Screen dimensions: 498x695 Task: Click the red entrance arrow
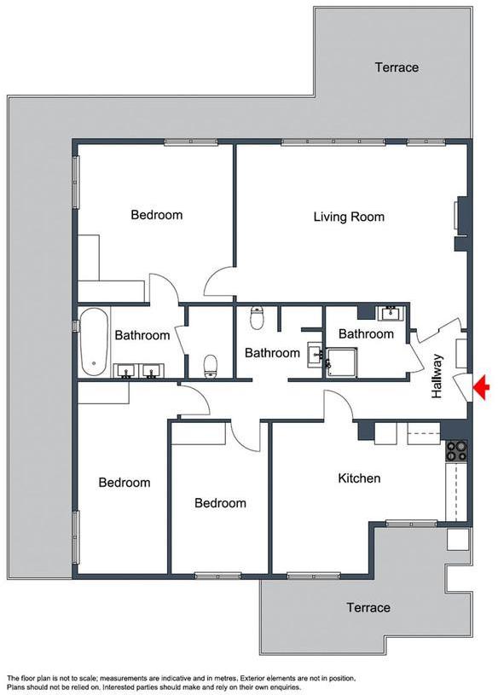[482, 387]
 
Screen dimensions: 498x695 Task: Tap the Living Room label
[349, 217]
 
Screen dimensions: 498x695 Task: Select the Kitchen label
[359, 478]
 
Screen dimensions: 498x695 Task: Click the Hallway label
[437, 376]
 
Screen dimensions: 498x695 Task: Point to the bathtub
[94, 342]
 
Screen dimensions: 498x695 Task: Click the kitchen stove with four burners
[456, 451]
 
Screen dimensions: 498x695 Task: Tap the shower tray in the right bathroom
[342, 362]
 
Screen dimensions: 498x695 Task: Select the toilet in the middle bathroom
[257, 317]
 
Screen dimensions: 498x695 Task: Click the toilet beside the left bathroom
[211, 366]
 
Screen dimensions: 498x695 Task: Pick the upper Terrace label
[397, 67]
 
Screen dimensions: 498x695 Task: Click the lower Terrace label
[368, 607]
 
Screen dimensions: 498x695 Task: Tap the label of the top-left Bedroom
[156, 215]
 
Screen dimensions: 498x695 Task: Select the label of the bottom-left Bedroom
[124, 483]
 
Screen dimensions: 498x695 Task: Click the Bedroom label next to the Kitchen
[220, 503]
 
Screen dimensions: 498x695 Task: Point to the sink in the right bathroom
[391, 313]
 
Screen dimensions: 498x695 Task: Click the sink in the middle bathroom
[315, 354]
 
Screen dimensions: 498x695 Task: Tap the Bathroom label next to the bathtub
[142, 335]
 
